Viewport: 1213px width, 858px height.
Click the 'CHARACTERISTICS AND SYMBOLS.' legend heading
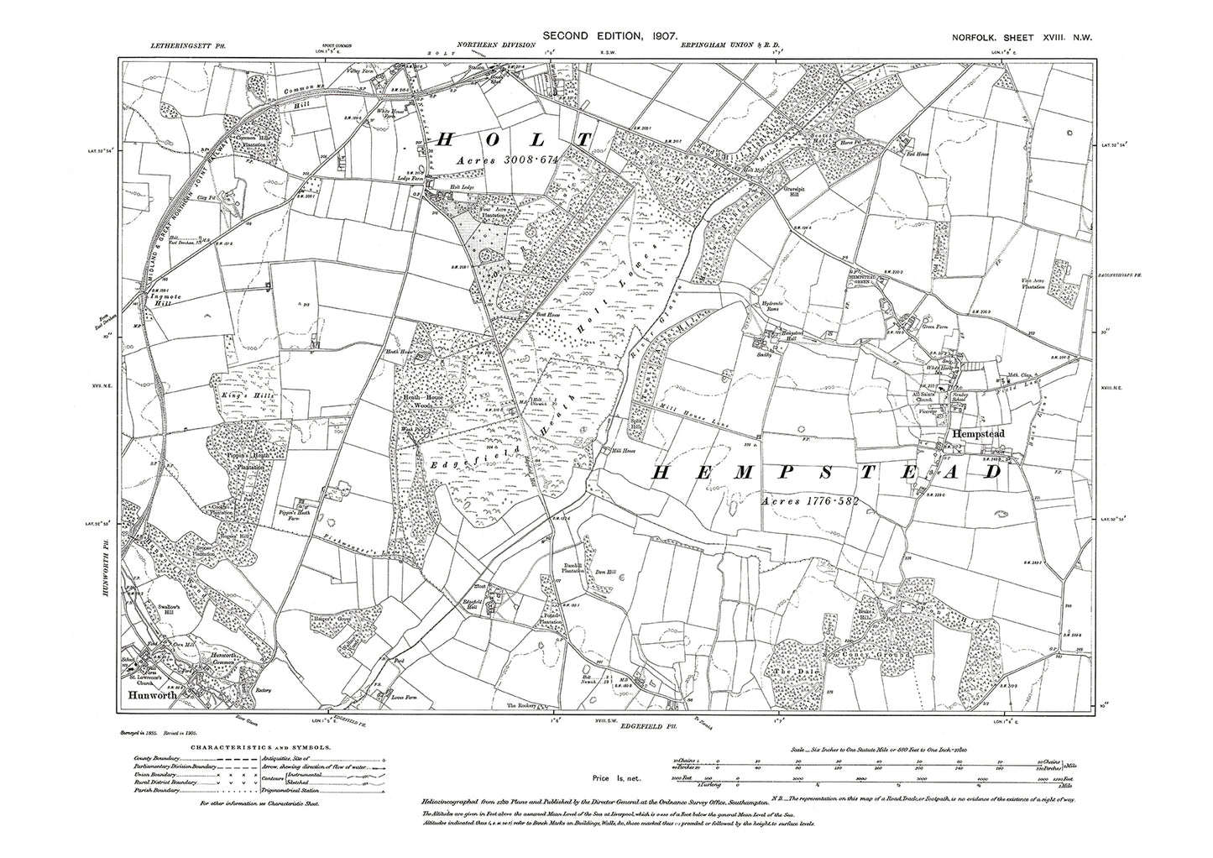pyautogui.click(x=260, y=746)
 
